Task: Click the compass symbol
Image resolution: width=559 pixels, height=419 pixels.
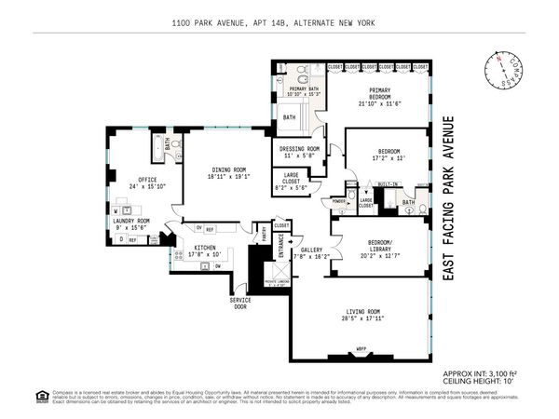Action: (x=504, y=71)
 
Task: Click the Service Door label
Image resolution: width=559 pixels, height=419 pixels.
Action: (x=241, y=304)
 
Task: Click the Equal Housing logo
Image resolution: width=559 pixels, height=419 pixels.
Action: (x=41, y=393)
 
